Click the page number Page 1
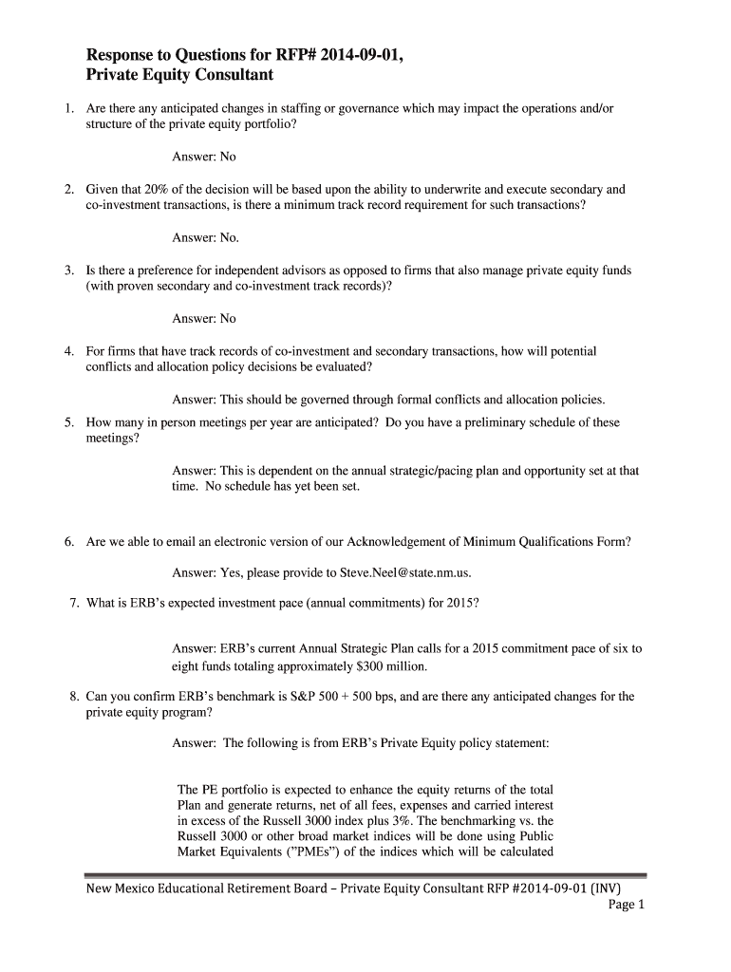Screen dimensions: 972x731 [626, 905]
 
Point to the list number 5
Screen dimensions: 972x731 [70, 422]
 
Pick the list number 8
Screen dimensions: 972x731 [74, 697]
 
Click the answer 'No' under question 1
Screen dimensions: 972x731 [228, 157]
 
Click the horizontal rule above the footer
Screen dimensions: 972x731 [365, 875]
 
